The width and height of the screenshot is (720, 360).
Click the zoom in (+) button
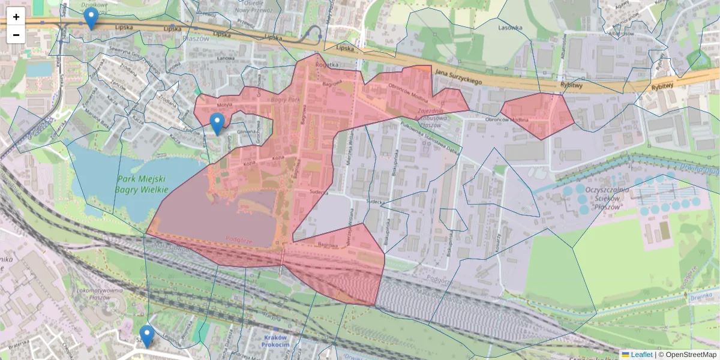[16, 17]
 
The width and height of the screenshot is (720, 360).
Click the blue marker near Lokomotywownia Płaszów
[146, 337]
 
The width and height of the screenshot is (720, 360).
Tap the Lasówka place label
[511, 27]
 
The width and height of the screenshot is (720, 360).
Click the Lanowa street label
[226, 58]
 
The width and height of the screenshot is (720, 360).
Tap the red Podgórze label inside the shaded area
[238, 239]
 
